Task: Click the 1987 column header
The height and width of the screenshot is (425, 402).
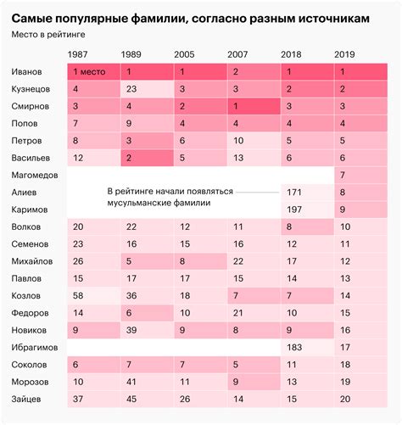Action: click(x=82, y=53)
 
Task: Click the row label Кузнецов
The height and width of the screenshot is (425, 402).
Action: click(x=33, y=89)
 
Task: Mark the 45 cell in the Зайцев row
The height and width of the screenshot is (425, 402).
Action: click(x=131, y=398)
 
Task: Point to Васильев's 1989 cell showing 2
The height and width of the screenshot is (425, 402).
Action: click(x=128, y=158)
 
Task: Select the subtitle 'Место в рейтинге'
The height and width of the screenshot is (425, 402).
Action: click(x=48, y=35)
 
